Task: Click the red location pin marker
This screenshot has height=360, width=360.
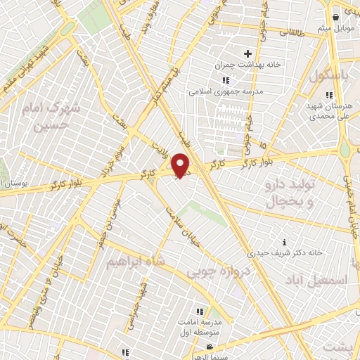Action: pyautogui.click(x=181, y=165)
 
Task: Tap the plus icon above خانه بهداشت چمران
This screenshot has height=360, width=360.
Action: pyautogui.click(x=247, y=53)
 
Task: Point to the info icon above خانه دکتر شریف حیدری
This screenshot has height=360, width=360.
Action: pyautogui.click(x=284, y=241)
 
